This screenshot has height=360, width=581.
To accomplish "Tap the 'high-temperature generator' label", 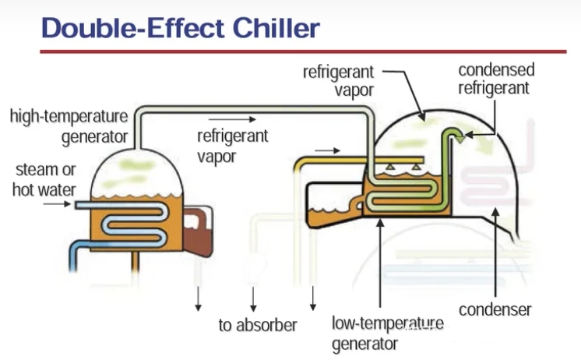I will [69, 127].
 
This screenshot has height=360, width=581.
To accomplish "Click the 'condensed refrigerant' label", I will [496, 79].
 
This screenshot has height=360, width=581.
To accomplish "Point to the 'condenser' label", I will [495, 309].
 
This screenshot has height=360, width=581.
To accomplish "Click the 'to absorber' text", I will [257, 325].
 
